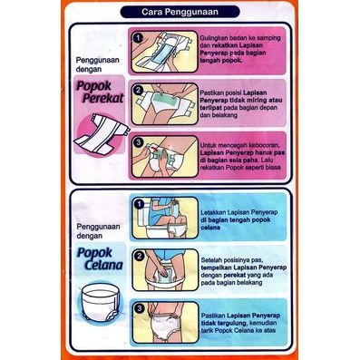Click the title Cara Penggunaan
(180, 12)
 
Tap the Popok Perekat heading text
(100, 92)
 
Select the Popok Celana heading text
(100, 258)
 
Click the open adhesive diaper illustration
(102, 132)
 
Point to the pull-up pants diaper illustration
(99, 303)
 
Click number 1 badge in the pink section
(138, 38)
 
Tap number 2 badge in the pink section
(138, 90)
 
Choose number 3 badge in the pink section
(138, 142)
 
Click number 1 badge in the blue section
(139, 204)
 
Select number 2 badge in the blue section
(139, 256)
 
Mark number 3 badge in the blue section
(139, 308)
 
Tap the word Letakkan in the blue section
(213, 212)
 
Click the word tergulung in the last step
(228, 323)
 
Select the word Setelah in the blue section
(210, 260)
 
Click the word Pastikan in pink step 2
(210, 93)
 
